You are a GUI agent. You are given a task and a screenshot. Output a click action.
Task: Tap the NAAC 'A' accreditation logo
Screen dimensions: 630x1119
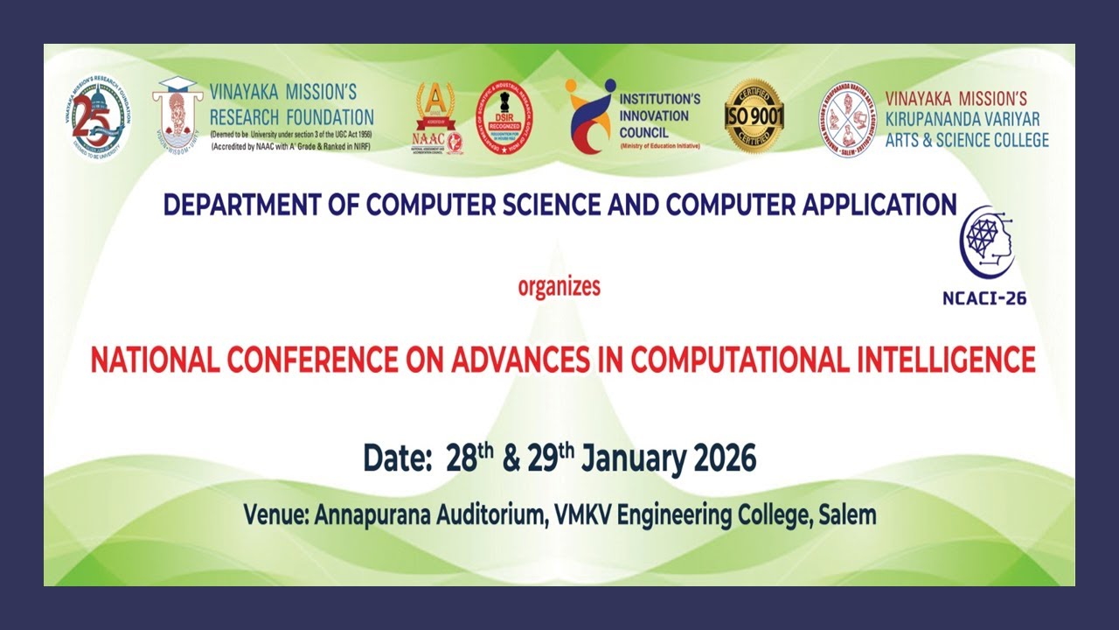[x=436, y=118]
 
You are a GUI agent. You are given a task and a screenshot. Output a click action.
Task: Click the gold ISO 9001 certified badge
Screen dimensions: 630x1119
[x=754, y=116]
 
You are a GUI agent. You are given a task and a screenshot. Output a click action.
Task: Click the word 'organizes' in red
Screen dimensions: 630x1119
[x=559, y=286]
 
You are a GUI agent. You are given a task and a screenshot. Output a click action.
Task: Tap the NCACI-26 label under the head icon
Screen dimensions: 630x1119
[x=984, y=297]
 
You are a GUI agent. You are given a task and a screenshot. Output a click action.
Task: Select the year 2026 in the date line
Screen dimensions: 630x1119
[x=724, y=458]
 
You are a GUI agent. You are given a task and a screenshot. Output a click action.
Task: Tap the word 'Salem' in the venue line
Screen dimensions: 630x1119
[x=846, y=514]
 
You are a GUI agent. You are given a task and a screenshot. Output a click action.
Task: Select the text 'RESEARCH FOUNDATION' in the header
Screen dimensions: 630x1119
[x=292, y=116]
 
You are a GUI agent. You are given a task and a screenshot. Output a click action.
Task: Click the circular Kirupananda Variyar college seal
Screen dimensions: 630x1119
[x=848, y=120]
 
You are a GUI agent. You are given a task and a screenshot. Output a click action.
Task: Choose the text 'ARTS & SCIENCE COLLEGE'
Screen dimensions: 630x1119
[x=967, y=139]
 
